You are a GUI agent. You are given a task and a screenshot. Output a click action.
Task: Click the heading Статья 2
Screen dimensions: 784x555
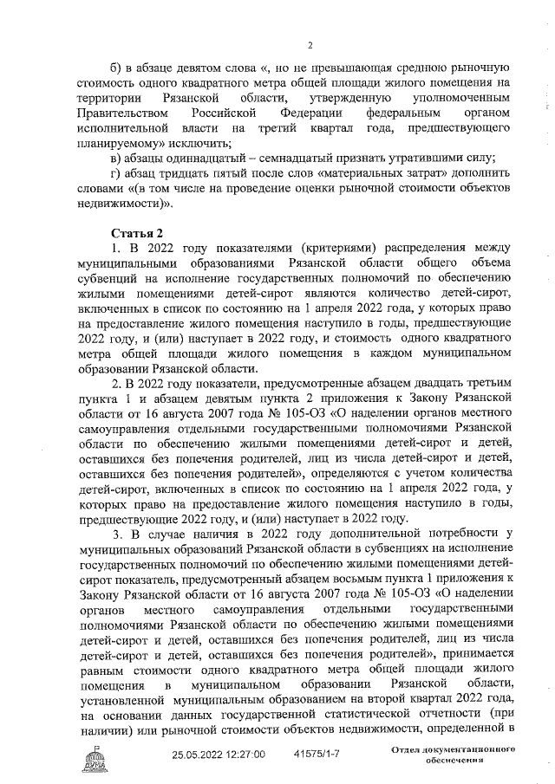tap(138, 235)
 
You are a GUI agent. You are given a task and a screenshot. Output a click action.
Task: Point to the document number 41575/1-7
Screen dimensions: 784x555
tap(317, 755)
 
